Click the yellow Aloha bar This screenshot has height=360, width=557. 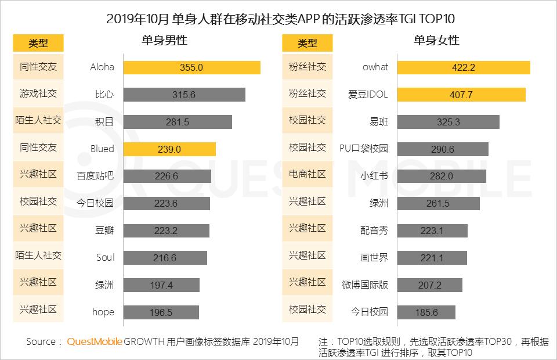[x=191, y=67]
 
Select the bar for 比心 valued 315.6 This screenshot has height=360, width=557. [x=184, y=95]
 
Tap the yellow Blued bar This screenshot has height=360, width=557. [x=169, y=149]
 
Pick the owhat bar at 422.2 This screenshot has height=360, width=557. [x=463, y=67]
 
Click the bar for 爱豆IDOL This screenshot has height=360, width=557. [x=461, y=95]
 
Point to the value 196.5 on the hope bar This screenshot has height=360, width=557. [x=161, y=312]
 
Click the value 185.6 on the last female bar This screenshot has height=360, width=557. [x=426, y=312]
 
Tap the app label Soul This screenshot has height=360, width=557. [x=105, y=258]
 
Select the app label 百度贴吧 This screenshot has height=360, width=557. [x=95, y=176]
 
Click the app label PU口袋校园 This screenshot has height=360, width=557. [x=364, y=149]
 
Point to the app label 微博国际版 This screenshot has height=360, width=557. [x=365, y=285]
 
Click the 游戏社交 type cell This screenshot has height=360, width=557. [x=38, y=93]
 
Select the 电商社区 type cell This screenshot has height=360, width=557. [x=308, y=175]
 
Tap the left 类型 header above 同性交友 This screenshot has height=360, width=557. [x=38, y=43]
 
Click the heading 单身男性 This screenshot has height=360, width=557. [x=164, y=41]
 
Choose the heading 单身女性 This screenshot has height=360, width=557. [x=436, y=41]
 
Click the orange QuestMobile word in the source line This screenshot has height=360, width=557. [x=95, y=341]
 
